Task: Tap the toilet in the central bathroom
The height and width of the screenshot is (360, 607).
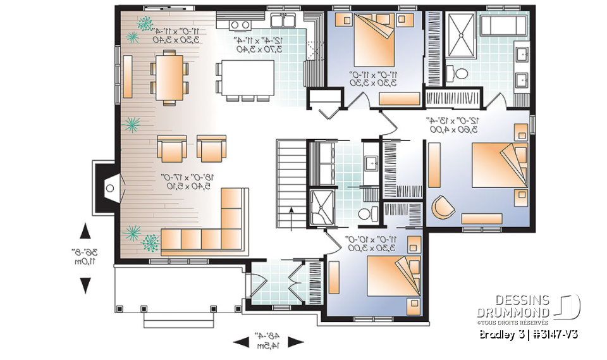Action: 366,213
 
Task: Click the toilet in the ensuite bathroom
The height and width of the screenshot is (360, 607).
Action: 460,73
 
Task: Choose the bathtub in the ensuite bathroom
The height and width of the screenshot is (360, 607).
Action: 502,26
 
